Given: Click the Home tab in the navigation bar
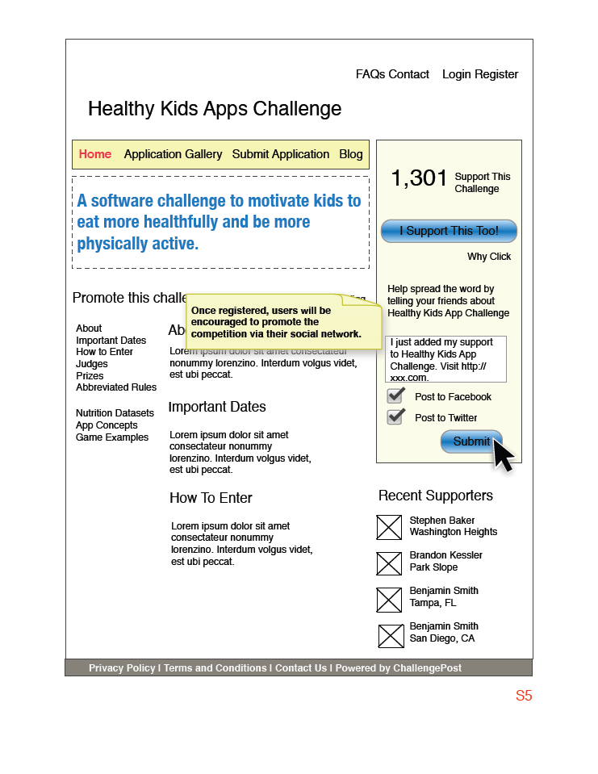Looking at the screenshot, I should click(95, 154).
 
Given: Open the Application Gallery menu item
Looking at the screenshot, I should click(173, 154).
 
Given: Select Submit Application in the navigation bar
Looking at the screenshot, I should click(281, 154).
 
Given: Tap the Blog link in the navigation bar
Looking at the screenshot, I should click(351, 154).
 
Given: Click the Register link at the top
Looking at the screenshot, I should click(496, 74).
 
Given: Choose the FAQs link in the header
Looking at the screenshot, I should click(370, 74).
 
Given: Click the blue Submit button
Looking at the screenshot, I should click(471, 441).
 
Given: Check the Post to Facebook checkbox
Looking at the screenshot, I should click(395, 396).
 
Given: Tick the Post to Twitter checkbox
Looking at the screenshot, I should click(395, 417).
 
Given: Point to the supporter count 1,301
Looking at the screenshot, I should click(419, 178).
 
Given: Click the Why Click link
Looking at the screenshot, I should click(489, 257).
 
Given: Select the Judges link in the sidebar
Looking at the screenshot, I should click(92, 364).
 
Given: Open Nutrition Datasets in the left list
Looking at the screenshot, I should click(115, 413).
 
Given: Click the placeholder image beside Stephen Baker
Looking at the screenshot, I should click(389, 527).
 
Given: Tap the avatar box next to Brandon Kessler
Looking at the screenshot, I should click(389, 563).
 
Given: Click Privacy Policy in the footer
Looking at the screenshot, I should click(122, 668).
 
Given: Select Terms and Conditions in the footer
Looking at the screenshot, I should click(215, 668).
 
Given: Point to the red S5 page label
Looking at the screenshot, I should click(524, 696).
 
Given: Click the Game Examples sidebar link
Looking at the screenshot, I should click(112, 437).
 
